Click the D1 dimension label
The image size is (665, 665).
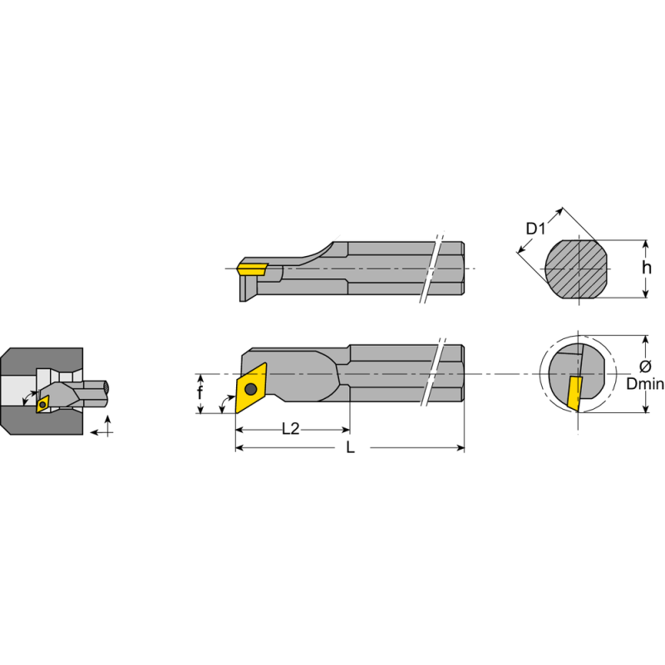536,228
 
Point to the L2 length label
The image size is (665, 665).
291,429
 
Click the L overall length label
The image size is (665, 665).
350,448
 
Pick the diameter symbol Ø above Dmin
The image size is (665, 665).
645,367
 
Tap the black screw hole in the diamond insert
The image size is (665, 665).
250,388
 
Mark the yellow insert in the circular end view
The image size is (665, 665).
574,392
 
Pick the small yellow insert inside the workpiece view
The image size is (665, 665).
42,403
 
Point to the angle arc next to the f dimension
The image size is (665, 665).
223,405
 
